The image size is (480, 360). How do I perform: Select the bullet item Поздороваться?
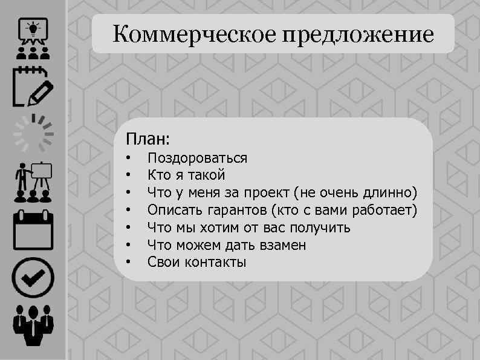(x=197, y=159)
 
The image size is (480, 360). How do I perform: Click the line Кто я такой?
(x=186, y=175)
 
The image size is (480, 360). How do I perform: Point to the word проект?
(x=266, y=193)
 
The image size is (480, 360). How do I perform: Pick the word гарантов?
(x=237, y=211)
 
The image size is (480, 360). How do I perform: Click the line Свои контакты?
(x=197, y=263)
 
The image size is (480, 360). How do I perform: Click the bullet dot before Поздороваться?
(x=129, y=159)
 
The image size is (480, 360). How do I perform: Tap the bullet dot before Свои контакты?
(x=129, y=263)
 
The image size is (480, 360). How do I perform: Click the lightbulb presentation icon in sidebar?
(x=33, y=37)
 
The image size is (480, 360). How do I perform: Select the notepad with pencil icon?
(x=33, y=88)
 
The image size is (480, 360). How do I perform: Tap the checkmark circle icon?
(x=33, y=278)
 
